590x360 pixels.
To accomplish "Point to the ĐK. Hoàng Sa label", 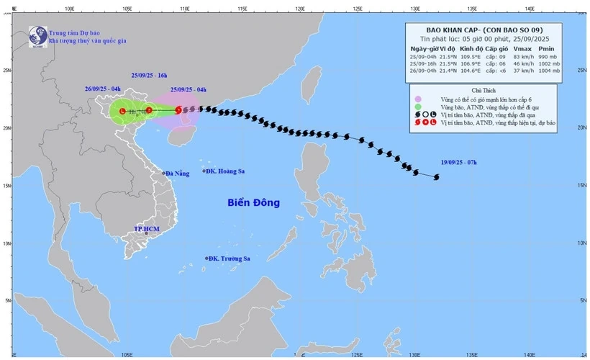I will point(224,171).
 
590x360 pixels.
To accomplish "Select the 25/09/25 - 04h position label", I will point(189,89).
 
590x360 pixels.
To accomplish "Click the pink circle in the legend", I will point(417,99).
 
